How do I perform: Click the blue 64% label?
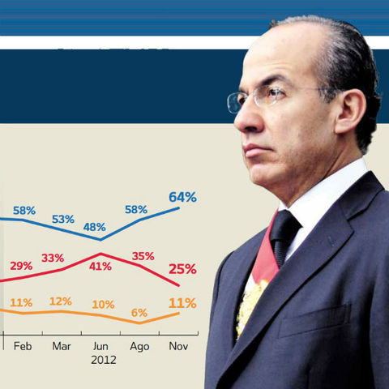click(x=182, y=196)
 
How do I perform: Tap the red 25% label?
click(x=182, y=269)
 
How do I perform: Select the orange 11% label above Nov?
click(x=182, y=303)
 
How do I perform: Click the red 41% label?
click(x=101, y=266)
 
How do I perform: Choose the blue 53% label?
click(x=62, y=219)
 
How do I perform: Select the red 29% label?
click(x=22, y=266)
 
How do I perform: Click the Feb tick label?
click(x=23, y=345)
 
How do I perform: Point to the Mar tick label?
click(x=62, y=345)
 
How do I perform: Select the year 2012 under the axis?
click(x=103, y=359)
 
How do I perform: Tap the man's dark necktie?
click(x=284, y=234)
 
